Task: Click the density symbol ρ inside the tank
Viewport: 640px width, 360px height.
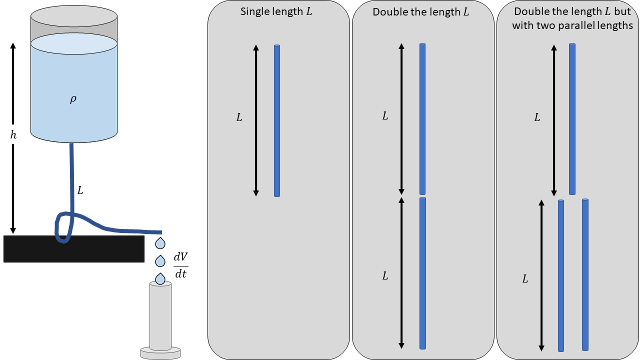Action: [x=73, y=99]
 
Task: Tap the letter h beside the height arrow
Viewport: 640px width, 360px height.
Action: [x=13, y=135]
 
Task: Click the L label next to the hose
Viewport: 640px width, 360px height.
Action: [x=80, y=190]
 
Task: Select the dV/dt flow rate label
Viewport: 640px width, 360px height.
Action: [x=180, y=265]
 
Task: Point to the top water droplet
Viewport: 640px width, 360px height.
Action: [x=160, y=243]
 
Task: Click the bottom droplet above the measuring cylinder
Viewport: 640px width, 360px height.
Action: [x=160, y=278]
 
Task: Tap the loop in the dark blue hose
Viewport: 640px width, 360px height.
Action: [x=63, y=227]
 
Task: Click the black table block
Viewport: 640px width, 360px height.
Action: [x=74, y=249]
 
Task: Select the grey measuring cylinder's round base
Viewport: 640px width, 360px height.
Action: [x=160, y=353]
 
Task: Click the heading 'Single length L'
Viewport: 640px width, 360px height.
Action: [x=276, y=11]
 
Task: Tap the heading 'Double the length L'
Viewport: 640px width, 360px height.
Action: [x=421, y=12]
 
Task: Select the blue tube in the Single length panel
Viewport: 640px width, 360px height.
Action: [x=277, y=120]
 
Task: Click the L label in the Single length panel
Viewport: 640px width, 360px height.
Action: [x=239, y=118]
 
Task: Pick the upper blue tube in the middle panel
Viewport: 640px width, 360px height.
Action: [x=422, y=118]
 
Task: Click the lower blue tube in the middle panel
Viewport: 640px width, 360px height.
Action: [x=422, y=273]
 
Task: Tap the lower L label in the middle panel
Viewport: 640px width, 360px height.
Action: [x=385, y=275]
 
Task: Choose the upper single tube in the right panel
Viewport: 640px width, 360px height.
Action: [x=572, y=118]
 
